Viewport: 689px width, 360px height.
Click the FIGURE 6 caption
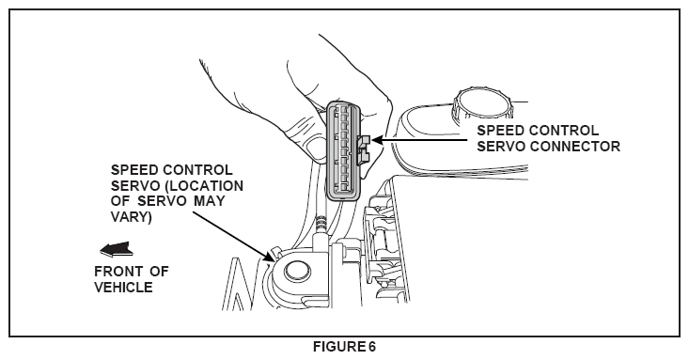pos(344,347)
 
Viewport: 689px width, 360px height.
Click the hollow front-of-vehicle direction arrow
pos(116,250)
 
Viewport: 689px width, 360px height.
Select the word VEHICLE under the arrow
pos(123,288)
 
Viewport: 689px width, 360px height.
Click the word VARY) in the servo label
pos(132,217)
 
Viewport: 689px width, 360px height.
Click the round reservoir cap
pos(482,102)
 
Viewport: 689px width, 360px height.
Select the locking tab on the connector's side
pos(365,149)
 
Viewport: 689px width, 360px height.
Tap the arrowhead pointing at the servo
pos(269,255)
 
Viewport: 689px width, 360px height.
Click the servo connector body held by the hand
pos(344,150)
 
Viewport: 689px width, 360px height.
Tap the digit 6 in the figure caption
pos(372,347)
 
